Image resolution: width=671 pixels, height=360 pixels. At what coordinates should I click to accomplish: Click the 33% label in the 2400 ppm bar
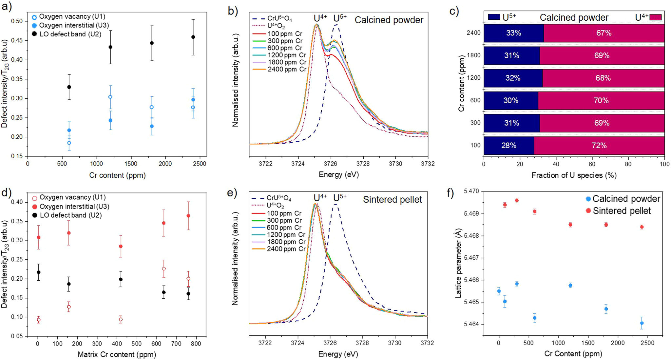tap(513, 33)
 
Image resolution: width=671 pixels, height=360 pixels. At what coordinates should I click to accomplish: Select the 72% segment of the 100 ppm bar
tap(599, 146)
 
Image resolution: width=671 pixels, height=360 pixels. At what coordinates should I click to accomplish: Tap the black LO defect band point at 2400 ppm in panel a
tap(193, 37)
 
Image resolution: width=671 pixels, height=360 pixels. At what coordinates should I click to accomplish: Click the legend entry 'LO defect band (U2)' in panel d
tap(70, 215)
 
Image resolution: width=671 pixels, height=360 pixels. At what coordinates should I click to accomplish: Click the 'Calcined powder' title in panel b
tap(389, 20)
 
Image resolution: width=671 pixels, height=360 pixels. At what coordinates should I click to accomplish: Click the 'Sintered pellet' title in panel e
tap(392, 199)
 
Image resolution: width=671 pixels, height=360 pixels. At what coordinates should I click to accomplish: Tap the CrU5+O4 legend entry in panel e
tap(278, 198)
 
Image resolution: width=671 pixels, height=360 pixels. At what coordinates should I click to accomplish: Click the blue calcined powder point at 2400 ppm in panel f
tap(642, 323)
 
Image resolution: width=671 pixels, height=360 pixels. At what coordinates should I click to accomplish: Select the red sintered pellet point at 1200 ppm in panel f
tap(570, 225)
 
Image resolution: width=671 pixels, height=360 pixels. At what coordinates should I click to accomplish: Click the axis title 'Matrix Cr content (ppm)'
tap(117, 354)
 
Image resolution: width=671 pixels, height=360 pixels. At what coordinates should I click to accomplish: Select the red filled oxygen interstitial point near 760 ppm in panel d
tap(188, 216)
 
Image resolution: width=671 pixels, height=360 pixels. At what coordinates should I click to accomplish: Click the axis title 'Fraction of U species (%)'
tap(574, 175)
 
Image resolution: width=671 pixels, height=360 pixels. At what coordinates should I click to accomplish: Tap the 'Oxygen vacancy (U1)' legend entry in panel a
tap(72, 16)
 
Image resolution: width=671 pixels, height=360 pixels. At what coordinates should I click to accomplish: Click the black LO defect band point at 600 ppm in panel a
tap(69, 87)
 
